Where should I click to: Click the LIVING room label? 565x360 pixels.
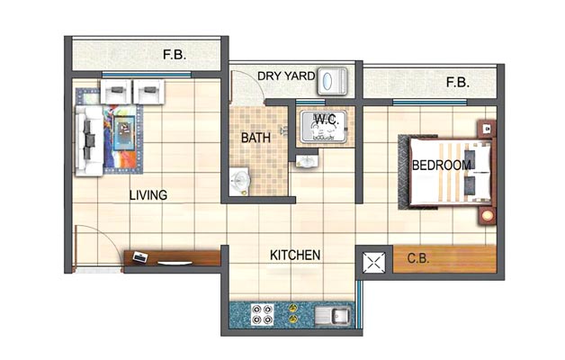(x=148, y=195)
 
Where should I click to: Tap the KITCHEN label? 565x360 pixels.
(x=295, y=255)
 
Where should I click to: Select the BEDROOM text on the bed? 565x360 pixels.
(x=442, y=166)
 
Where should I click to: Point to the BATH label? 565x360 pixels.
(x=256, y=138)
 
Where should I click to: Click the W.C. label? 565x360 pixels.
(x=327, y=120)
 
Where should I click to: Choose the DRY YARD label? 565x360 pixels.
(x=286, y=76)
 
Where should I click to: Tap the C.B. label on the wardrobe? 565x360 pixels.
(x=418, y=258)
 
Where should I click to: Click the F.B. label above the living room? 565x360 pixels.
(x=175, y=54)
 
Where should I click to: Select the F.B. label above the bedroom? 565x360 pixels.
(x=458, y=83)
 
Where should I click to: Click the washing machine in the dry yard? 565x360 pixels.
(x=332, y=81)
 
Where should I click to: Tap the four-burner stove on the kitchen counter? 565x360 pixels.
(x=262, y=315)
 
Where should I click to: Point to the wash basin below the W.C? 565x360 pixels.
(x=308, y=161)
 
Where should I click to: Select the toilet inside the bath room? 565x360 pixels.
(x=239, y=181)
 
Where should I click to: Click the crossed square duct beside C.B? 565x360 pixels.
(x=373, y=262)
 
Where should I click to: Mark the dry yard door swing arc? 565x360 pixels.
(x=256, y=82)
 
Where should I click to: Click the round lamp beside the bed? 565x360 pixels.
(x=487, y=216)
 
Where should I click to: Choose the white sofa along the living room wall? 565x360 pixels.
(x=89, y=141)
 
